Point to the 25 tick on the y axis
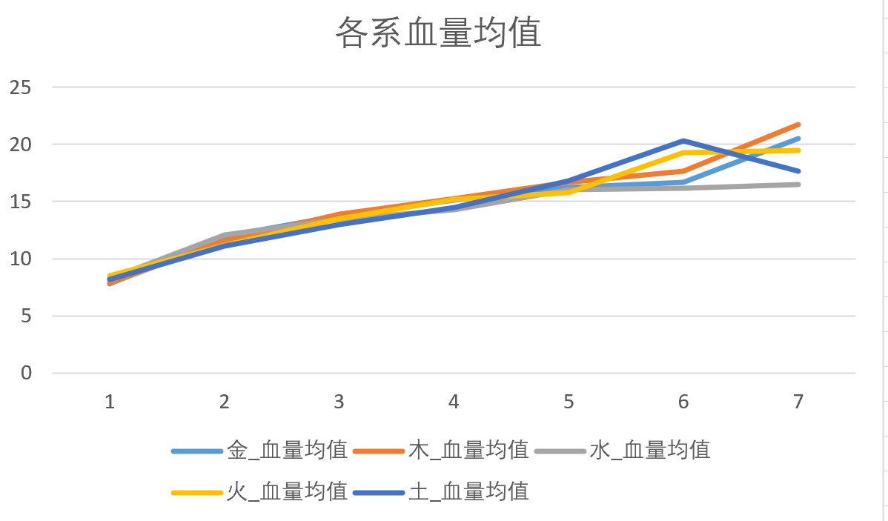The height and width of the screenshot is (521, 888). (x=21, y=87)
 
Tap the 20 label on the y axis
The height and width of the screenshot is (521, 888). (x=21, y=145)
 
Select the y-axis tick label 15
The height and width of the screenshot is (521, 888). (x=21, y=202)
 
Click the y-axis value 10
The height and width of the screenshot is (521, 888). (x=21, y=259)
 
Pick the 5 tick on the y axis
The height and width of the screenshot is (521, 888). (x=27, y=316)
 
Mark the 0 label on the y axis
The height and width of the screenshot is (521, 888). (x=27, y=373)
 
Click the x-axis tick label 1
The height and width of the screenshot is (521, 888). (x=110, y=402)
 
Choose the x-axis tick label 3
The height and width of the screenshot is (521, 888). (x=339, y=402)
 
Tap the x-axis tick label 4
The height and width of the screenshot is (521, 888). (x=454, y=402)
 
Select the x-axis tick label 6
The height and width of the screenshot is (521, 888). (x=683, y=402)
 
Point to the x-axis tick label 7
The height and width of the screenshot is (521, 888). (x=798, y=402)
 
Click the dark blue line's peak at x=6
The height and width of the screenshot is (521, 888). (x=683, y=141)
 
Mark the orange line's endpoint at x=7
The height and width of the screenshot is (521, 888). (x=798, y=125)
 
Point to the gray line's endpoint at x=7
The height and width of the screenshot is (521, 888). (x=798, y=185)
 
